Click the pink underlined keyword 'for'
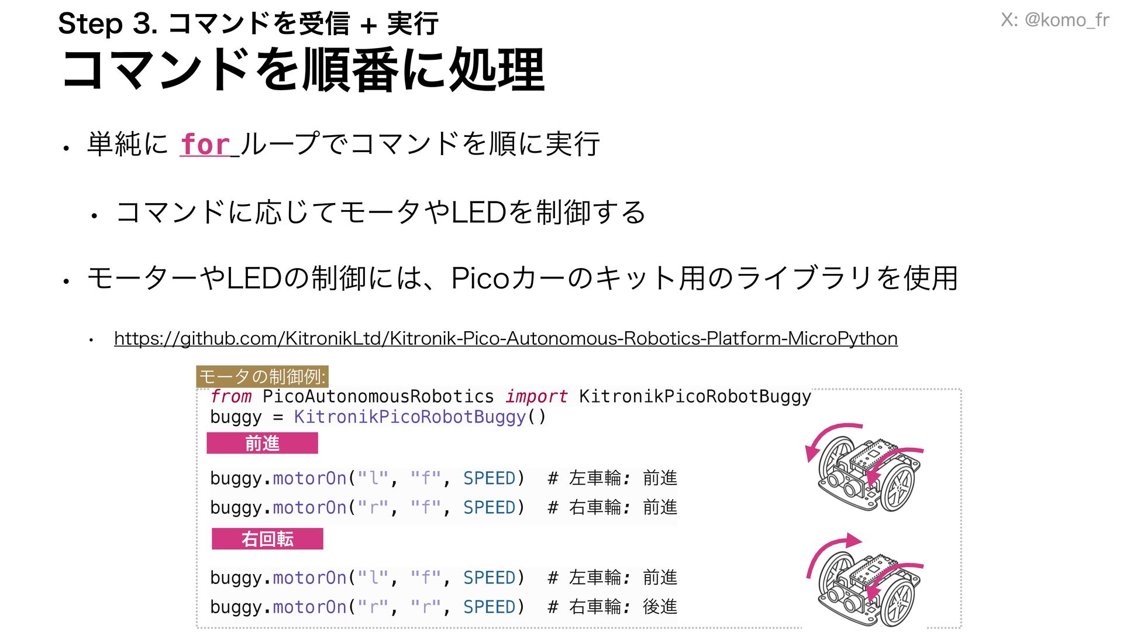tap(205, 145)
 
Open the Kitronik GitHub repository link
tap(505, 338)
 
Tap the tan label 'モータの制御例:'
tap(262, 376)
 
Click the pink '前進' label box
tap(262, 443)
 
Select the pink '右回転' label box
tap(267, 538)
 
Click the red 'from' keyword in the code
tap(231, 396)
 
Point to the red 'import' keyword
tap(536, 396)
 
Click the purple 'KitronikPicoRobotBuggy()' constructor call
tap(419, 417)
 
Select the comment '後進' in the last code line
tap(660, 607)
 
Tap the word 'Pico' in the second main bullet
tap(480, 278)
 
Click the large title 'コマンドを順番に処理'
tap(303, 70)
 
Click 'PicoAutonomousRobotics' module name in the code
tap(378, 396)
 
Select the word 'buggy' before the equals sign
tap(236, 417)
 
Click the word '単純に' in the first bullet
tap(128, 144)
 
